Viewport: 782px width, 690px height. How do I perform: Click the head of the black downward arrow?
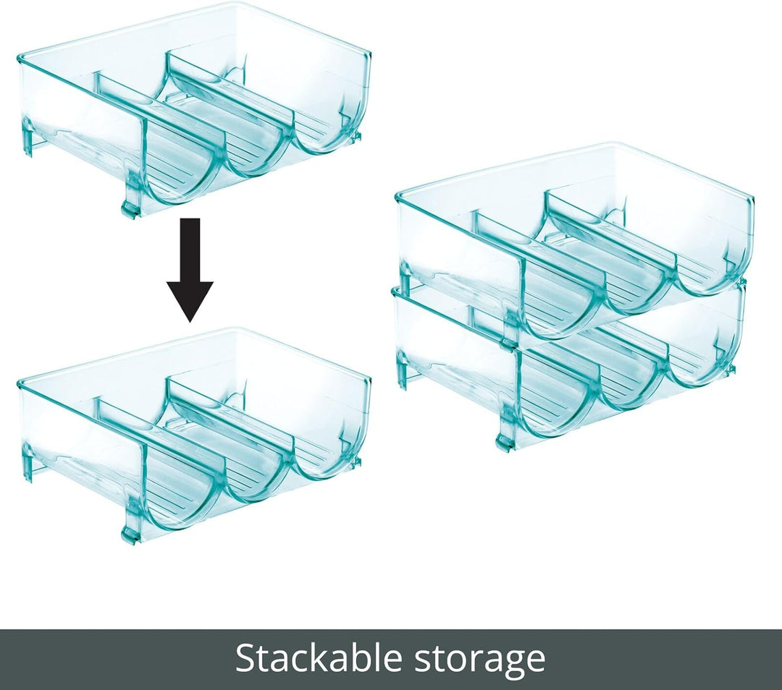pos(190,300)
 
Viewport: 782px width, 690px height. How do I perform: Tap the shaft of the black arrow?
pos(190,250)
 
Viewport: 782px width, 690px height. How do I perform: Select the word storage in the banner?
pos(480,662)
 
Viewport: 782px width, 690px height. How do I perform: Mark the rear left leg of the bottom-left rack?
pos(29,464)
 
